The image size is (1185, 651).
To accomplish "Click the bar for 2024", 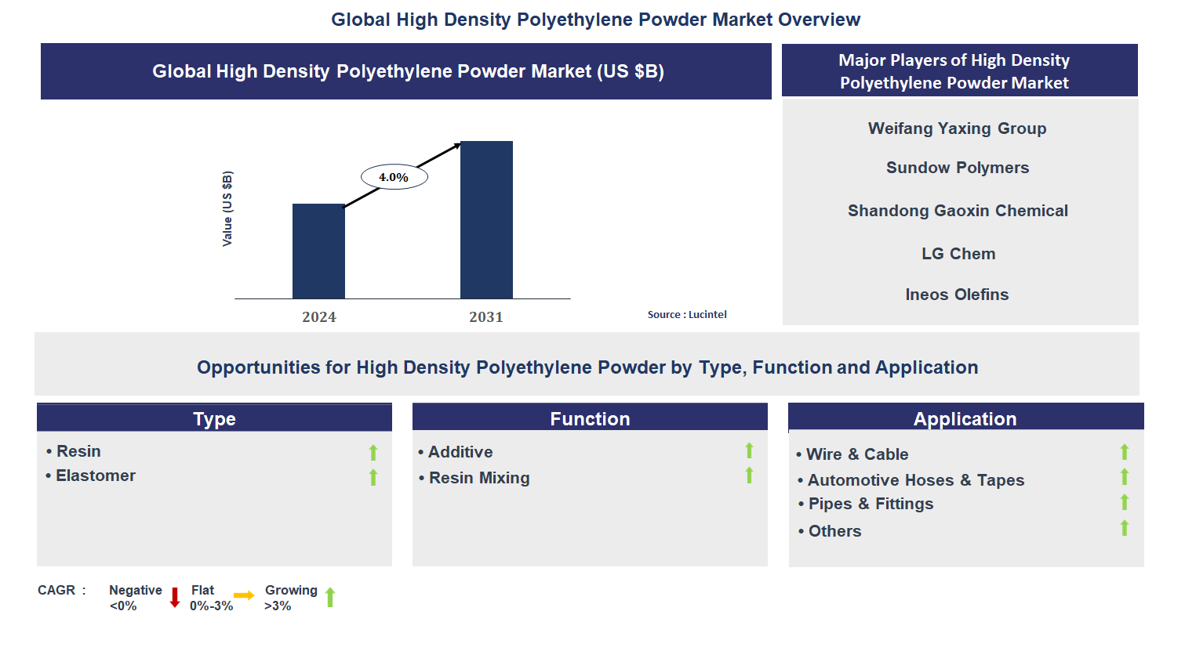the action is pos(318,251).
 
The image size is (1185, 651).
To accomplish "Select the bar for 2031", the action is pos(486,220).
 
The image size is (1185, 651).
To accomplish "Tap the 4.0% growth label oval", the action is pos(394,177).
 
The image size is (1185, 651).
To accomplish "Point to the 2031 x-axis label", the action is pos(485,317).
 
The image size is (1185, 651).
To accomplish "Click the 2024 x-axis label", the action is pos(319,317).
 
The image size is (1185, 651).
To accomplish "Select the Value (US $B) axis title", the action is pos(227,208).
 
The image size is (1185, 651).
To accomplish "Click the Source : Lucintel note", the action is pos(687,314).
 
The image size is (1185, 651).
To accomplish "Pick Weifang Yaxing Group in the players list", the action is pos(957,128).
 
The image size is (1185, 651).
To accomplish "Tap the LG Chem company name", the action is pos(958,254).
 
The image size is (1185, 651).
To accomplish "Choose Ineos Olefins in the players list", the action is pos(957,295).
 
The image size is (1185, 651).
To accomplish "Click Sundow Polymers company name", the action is pos(958,168).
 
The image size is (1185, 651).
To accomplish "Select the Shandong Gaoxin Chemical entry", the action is pos(958,211).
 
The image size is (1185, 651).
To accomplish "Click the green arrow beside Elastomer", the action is pos(373,477).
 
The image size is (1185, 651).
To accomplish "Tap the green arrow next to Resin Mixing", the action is pos(749,475).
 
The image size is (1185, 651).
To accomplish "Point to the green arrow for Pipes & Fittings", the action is pos(1125,502).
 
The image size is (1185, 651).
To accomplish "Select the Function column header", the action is pos(590,418).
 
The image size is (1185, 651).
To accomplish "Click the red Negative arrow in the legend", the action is pos(175,597).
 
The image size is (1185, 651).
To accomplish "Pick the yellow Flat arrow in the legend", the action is pos(244,595).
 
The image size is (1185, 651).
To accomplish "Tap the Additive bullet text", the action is pos(455,452).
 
